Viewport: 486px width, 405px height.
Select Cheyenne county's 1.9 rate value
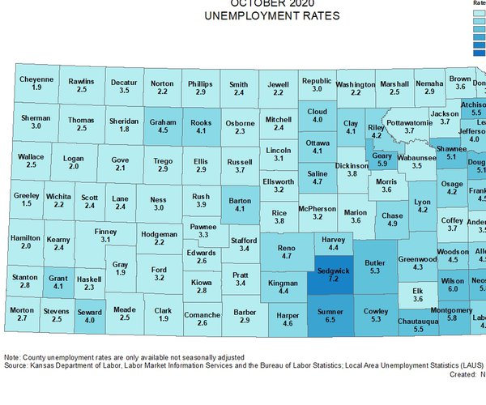[36, 87]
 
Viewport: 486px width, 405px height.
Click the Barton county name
[240, 199]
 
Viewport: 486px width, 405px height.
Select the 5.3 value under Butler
[373, 272]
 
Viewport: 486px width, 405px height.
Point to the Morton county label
[22, 309]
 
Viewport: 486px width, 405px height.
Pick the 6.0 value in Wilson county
[453, 288]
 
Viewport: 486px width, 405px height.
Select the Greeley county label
[27, 195]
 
